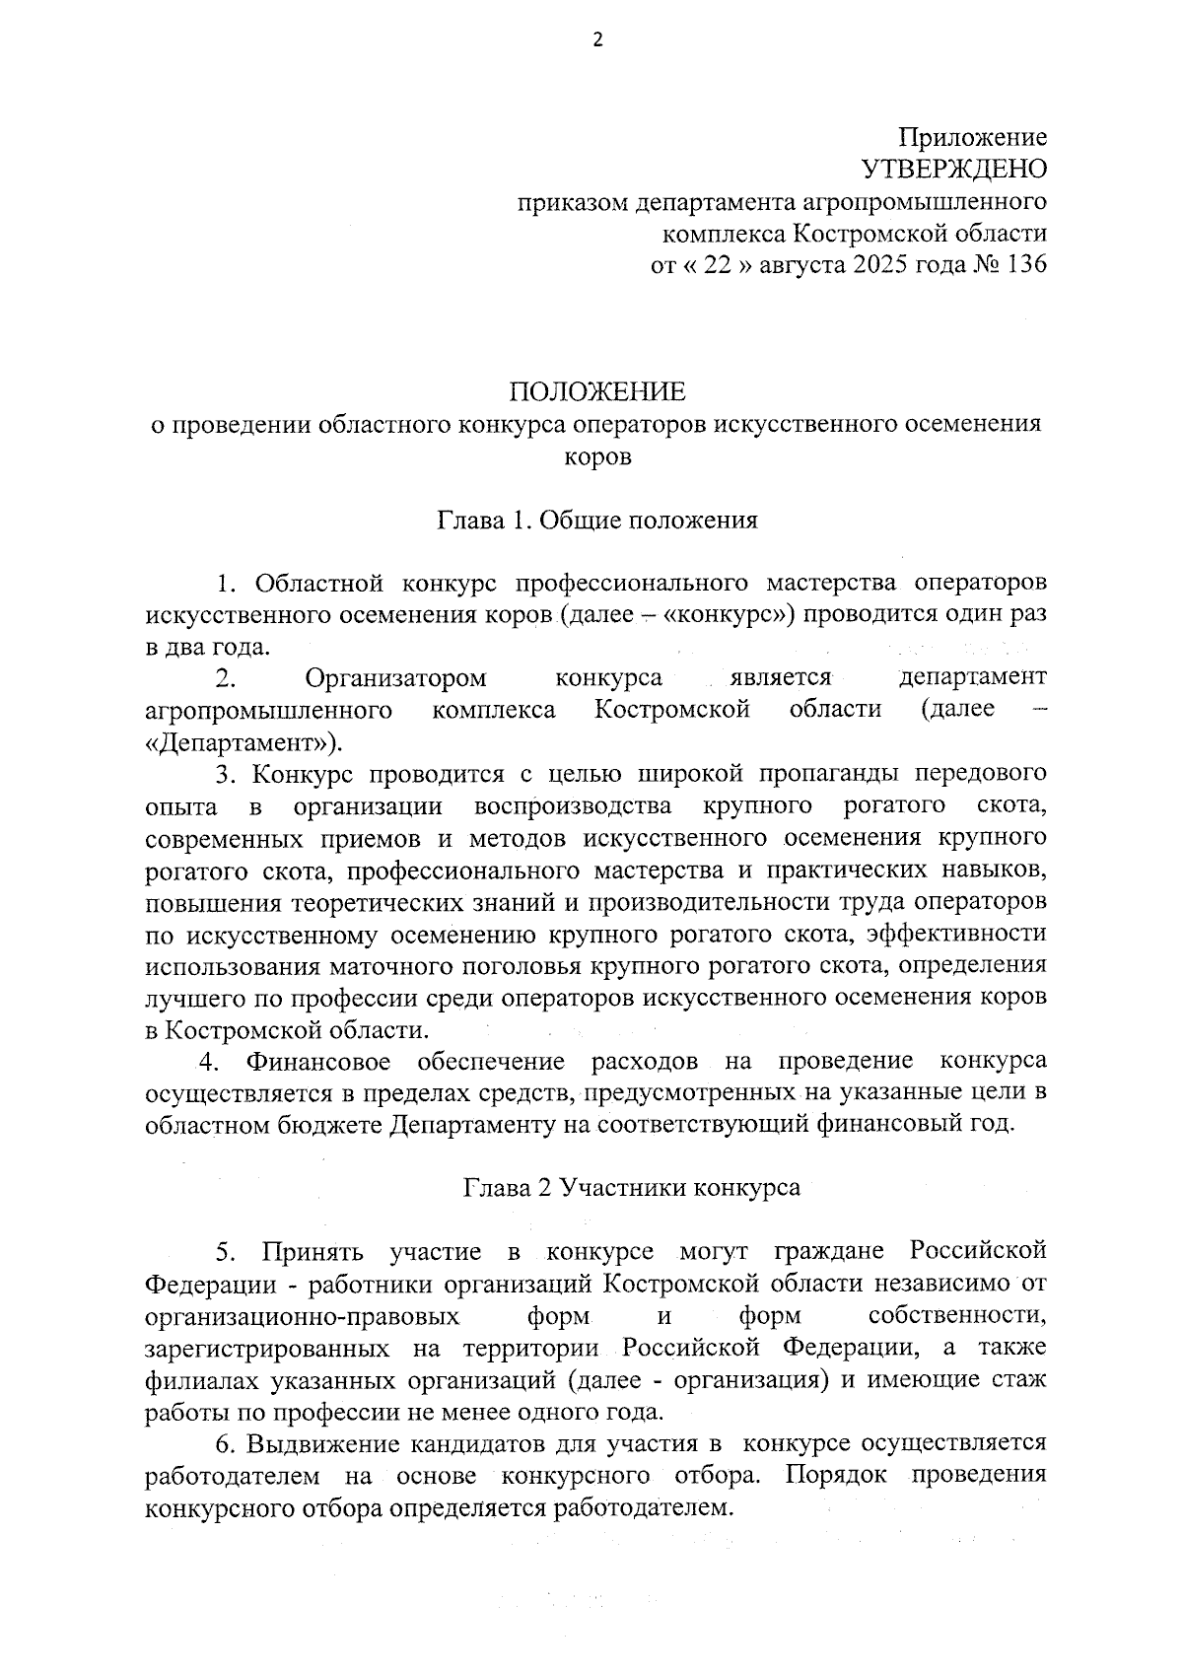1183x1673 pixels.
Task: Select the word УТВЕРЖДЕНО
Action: pos(954,171)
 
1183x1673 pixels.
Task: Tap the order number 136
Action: pos(1024,266)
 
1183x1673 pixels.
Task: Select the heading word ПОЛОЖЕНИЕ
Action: pos(596,392)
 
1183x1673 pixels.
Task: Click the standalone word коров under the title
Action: pos(597,456)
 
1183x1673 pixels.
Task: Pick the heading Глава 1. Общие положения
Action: pos(597,521)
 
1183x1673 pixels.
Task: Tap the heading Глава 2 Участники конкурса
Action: pos(632,1188)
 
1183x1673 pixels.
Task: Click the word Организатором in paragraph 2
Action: pos(395,678)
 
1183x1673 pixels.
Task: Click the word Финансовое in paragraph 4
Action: pos(317,1062)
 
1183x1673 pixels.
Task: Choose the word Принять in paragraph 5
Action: pos(313,1252)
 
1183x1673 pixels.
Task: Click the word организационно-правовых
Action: pos(302,1316)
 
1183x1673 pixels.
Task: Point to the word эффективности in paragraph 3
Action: pos(960,934)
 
